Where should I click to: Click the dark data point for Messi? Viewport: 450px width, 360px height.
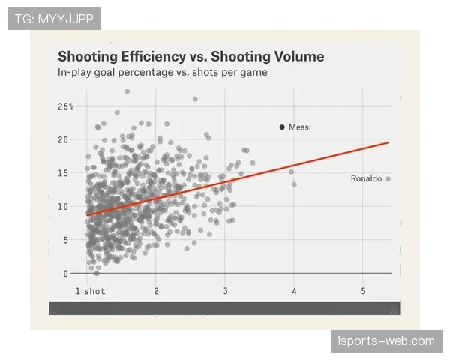click(282, 127)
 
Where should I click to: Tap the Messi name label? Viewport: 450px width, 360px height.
click(299, 127)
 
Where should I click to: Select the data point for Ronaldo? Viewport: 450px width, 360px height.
click(388, 178)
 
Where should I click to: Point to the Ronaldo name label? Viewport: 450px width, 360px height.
click(366, 178)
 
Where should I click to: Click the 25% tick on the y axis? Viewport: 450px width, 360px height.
click(65, 106)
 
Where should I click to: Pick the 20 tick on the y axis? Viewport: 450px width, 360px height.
click(63, 139)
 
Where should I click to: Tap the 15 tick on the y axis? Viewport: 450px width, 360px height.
click(63, 173)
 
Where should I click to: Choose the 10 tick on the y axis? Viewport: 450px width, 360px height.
click(63, 206)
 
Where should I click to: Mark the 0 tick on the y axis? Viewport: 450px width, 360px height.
click(65, 273)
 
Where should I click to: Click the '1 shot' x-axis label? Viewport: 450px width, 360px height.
click(90, 291)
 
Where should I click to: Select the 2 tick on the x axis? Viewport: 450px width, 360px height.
click(156, 291)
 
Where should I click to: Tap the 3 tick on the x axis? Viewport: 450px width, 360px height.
click(225, 291)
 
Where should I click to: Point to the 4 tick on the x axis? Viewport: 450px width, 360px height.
click(294, 291)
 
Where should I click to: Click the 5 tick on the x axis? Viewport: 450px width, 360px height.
click(363, 291)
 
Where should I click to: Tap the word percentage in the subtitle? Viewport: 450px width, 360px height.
click(143, 73)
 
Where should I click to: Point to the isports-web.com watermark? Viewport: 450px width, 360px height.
click(386, 341)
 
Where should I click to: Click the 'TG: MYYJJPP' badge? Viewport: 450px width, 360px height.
click(54, 19)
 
